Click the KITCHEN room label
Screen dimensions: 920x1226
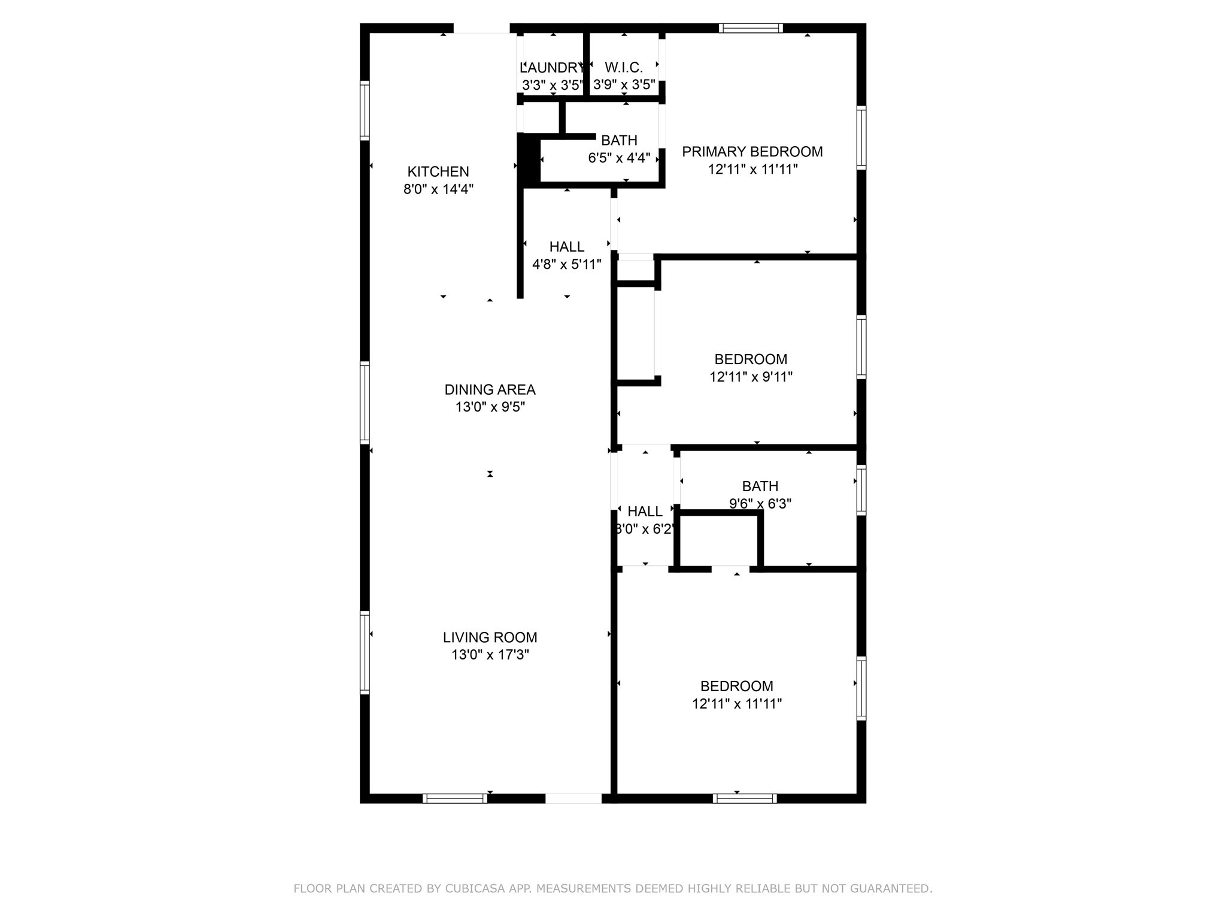pyautogui.click(x=438, y=172)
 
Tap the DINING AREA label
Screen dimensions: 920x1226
pyautogui.click(x=490, y=390)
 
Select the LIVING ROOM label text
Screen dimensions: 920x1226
pyautogui.click(x=490, y=637)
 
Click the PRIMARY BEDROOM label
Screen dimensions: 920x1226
pyautogui.click(x=752, y=152)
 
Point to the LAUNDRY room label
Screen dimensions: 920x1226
pyautogui.click(x=551, y=68)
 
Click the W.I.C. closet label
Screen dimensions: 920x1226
pyautogui.click(x=624, y=68)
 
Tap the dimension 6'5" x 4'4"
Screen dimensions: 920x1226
pyautogui.click(x=619, y=158)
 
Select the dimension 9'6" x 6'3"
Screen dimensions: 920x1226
pyautogui.click(x=760, y=504)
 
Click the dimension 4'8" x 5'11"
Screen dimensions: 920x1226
pyautogui.click(x=566, y=265)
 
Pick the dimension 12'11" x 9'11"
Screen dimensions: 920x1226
pyautogui.click(x=751, y=377)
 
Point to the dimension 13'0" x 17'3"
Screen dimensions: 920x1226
pyautogui.click(x=490, y=655)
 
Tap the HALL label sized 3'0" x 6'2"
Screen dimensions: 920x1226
pyautogui.click(x=645, y=512)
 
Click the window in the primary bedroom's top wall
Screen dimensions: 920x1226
pyautogui.click(x=751, y=28)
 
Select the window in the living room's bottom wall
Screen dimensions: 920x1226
pyautogui.click(x=455, y=798)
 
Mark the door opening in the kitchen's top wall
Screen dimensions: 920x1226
pyautogui.click(x=481, y=28)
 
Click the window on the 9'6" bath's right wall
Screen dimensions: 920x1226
pyautogui.click(x=861, y=490)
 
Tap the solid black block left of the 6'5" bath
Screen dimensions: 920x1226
pyautogui.click(x=529, y=159)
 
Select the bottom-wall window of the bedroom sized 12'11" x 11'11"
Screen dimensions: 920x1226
pyautogui.click(x=745, y=798)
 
